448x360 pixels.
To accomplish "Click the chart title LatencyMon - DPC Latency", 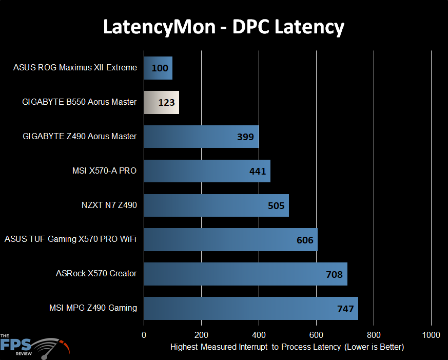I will click(x=224, y=27).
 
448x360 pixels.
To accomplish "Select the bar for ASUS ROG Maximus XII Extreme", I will click(x=158, y=68).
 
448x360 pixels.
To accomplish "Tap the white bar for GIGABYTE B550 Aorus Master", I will click(x=161, y=102).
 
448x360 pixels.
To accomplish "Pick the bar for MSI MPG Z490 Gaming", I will click(x=250, y=308).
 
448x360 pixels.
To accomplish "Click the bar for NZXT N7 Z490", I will click(x=216, y=205).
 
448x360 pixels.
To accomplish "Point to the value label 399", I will click(x=245, y=137).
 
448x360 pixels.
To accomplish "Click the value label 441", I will click(x=257, y=171).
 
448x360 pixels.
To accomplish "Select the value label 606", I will click(x=305, y=240).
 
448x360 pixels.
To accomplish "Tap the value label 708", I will click(x=334, y=274).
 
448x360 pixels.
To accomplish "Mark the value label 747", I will click(x=345, y=309).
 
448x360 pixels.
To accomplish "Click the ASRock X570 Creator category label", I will click(x=96, y=274).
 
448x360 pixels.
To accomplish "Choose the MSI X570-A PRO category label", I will click(x=105, y=170).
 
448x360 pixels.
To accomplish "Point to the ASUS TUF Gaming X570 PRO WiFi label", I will click(x=70, y=239).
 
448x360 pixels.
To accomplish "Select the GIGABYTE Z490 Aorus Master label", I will click(x=80, y=137).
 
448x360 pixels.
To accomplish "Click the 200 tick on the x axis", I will click(x=202, y=335).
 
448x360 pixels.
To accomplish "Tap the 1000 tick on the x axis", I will click(x=431, y=335).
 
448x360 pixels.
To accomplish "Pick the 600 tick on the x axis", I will click(x=316, y=335).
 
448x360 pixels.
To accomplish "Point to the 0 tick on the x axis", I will click(x=144, y=335).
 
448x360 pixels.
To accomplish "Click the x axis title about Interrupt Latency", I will click(x=287, y=347).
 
